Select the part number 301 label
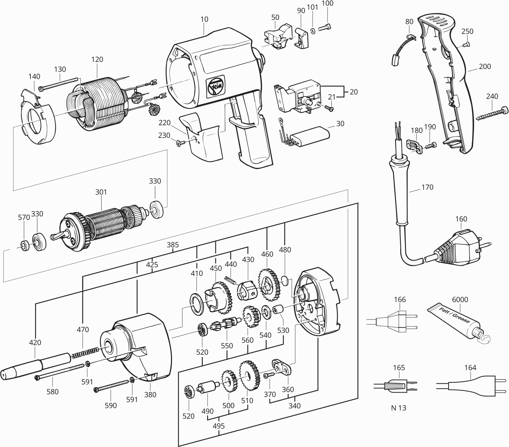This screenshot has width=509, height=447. pyautogui.click(x=101, y=192)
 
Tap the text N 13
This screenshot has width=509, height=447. pyautogui.click(x=398, y=408)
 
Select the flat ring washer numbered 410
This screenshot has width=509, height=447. pyautogui.click(x=197, y=304)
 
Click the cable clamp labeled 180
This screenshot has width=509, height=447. pyautogui.click(x=415, y=147)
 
